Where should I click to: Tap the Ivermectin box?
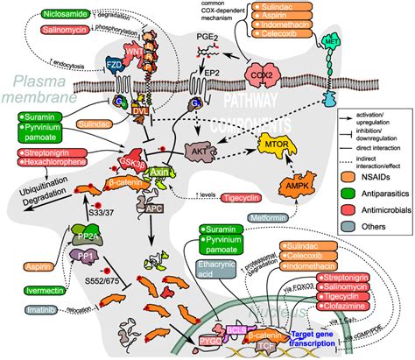point(39,288)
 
